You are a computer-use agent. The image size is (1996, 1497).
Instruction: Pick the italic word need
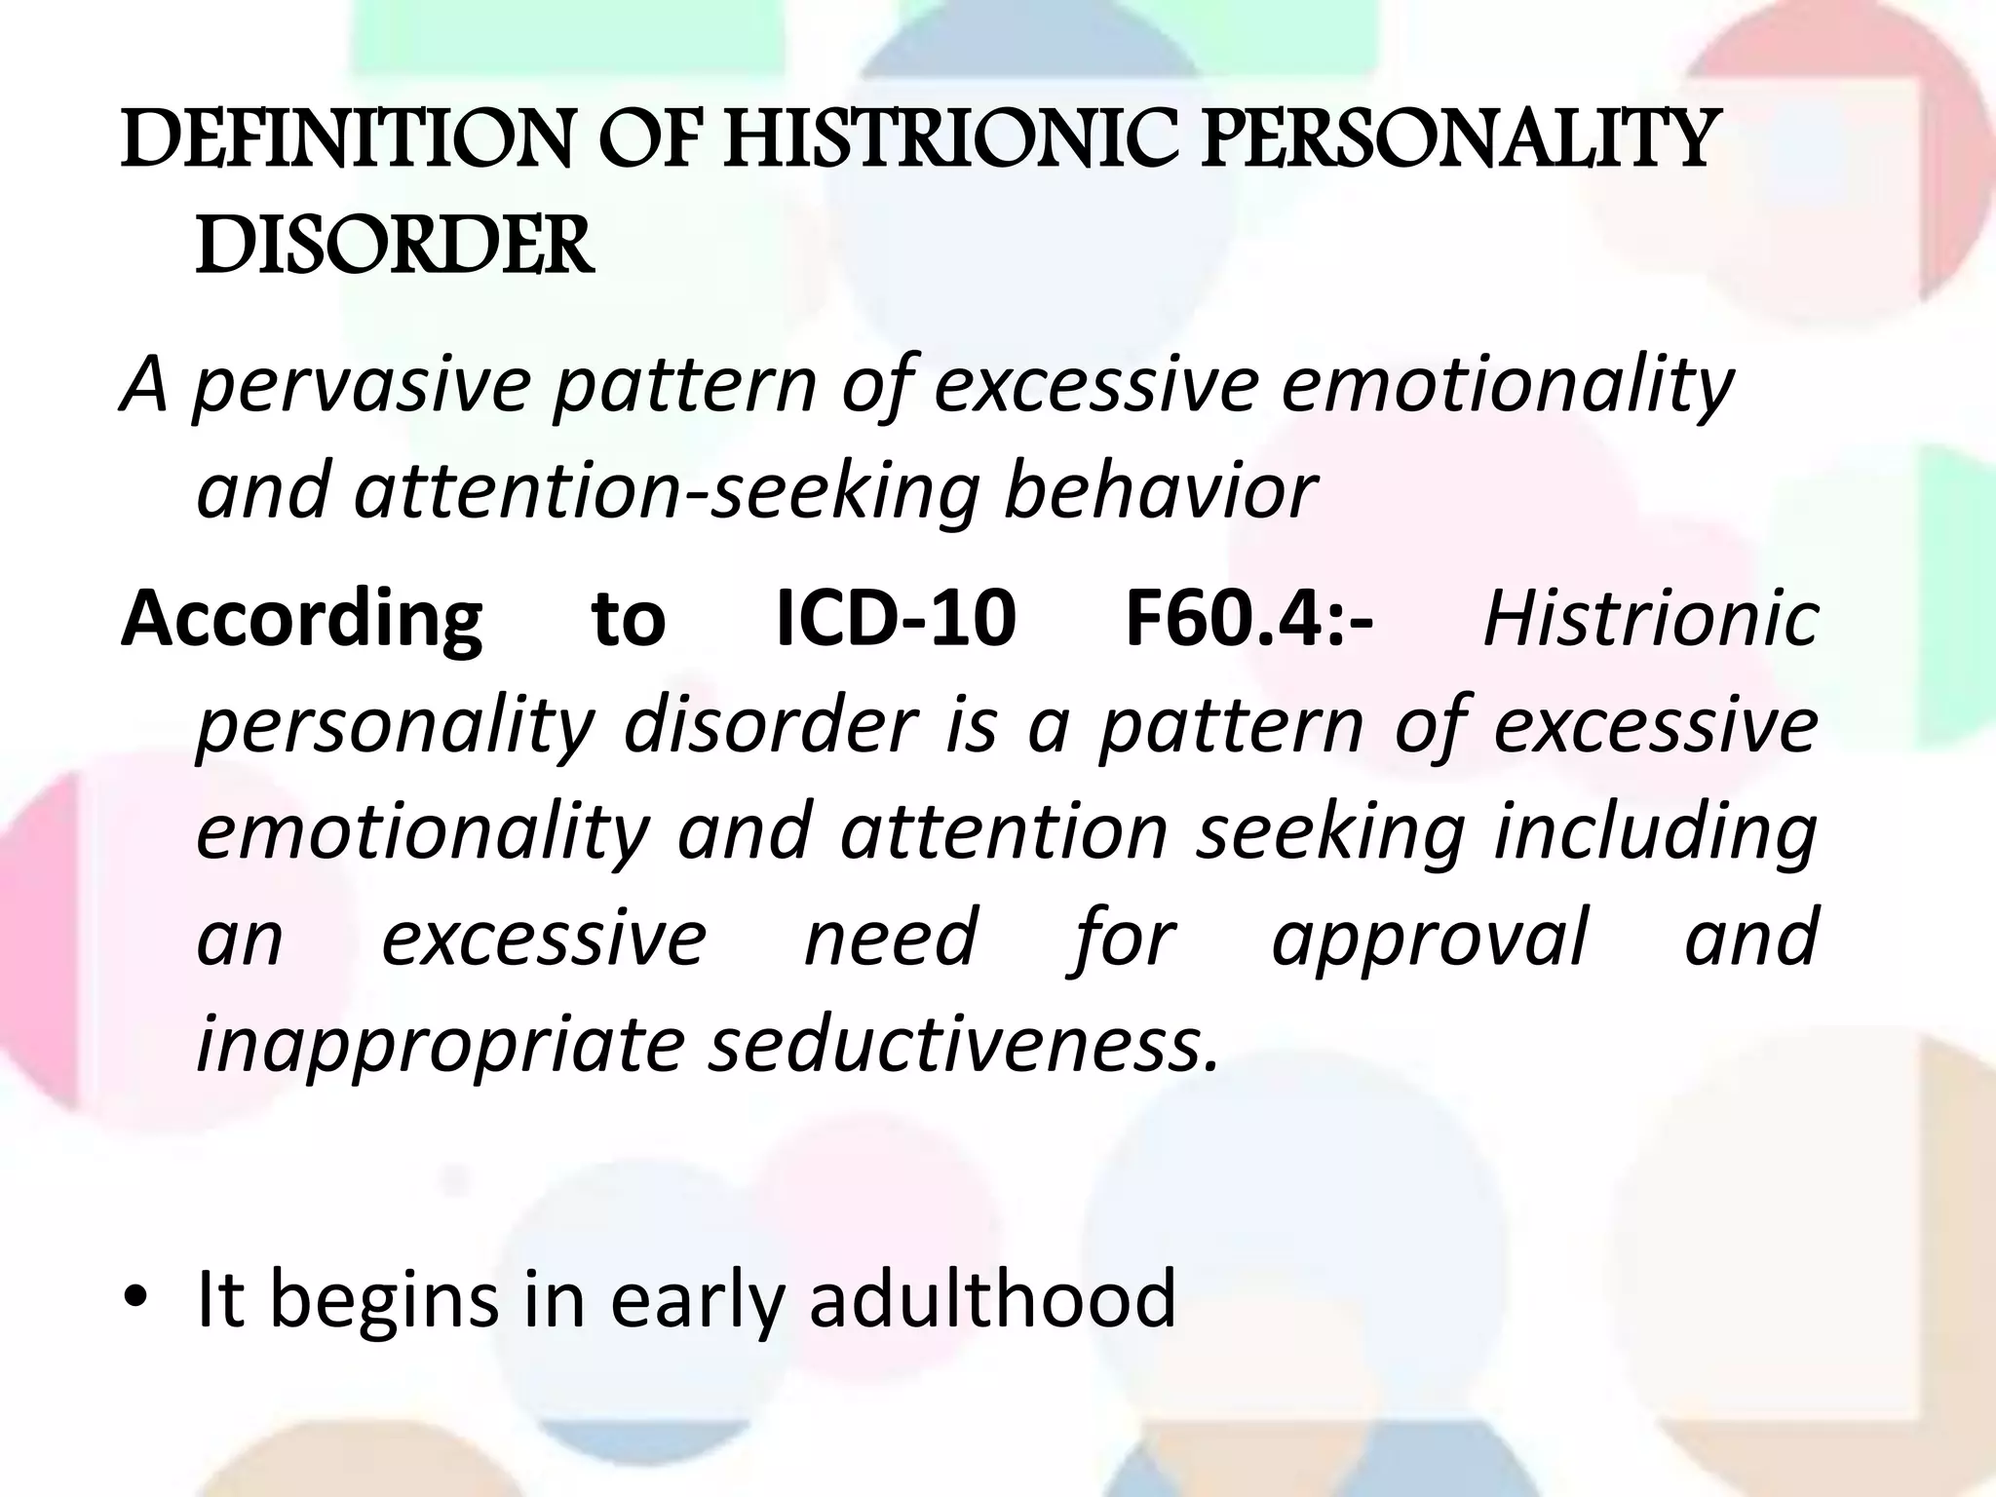(889, 937)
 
